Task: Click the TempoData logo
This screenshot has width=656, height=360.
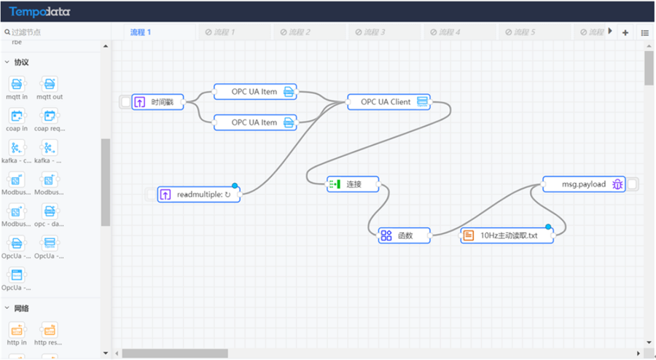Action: (40, 12)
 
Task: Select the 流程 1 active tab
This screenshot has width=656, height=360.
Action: (141, 32)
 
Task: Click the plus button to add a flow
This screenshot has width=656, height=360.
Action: (625, 33)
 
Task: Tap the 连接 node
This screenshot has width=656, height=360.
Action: (353, 184)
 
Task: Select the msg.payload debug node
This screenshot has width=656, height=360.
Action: (584, 184)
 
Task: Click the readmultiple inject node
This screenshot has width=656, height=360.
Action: (199, 195)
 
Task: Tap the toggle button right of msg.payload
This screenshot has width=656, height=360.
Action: (633, 184)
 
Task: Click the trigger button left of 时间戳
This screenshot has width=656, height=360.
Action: (125, 102)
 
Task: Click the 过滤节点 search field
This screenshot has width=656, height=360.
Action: (55, 32)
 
